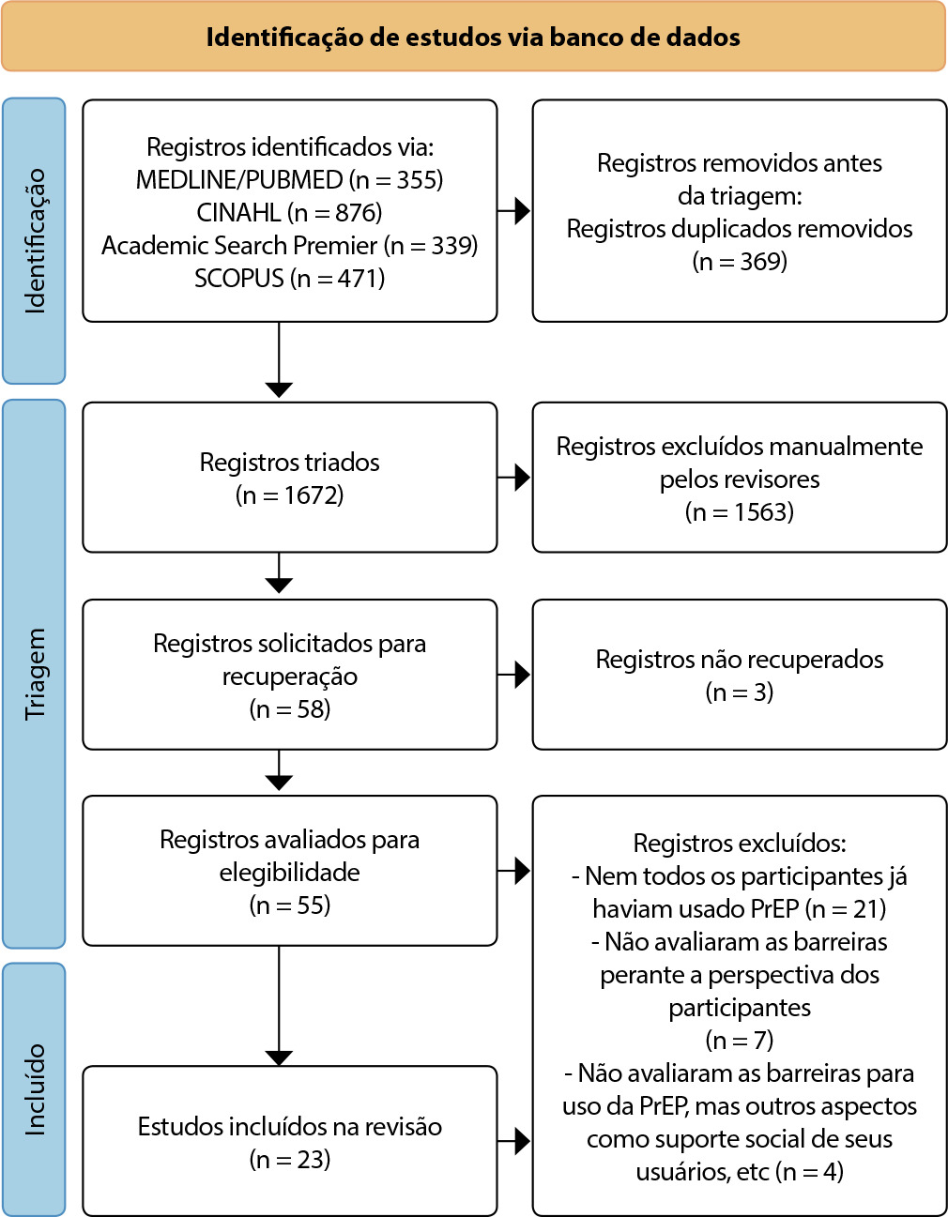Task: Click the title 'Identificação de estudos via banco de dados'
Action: coord(473,37)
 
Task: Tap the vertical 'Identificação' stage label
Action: coord(35,241)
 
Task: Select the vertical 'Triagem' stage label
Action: coord(35,674)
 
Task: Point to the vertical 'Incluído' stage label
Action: coord(35,1089)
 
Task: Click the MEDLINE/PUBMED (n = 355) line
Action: coord(289,180)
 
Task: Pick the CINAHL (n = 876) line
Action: coord(289,213)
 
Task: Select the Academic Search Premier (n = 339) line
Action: coord(289,245)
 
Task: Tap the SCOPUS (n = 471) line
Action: coord(289,279)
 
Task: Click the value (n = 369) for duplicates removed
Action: coord(740,262)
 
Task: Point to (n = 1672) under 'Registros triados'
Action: coord(289,495)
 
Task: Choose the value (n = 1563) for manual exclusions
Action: coord(740,512)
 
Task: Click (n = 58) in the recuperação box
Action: coord(289,709)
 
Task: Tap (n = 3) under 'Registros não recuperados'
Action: coord(740,692)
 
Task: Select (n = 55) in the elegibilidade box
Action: coord(289,905)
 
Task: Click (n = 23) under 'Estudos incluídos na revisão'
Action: coord(289,1160)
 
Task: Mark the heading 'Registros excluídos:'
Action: coord(740,843)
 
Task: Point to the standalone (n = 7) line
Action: coord(740,1040)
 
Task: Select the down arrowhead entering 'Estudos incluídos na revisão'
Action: coord(279,1057)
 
